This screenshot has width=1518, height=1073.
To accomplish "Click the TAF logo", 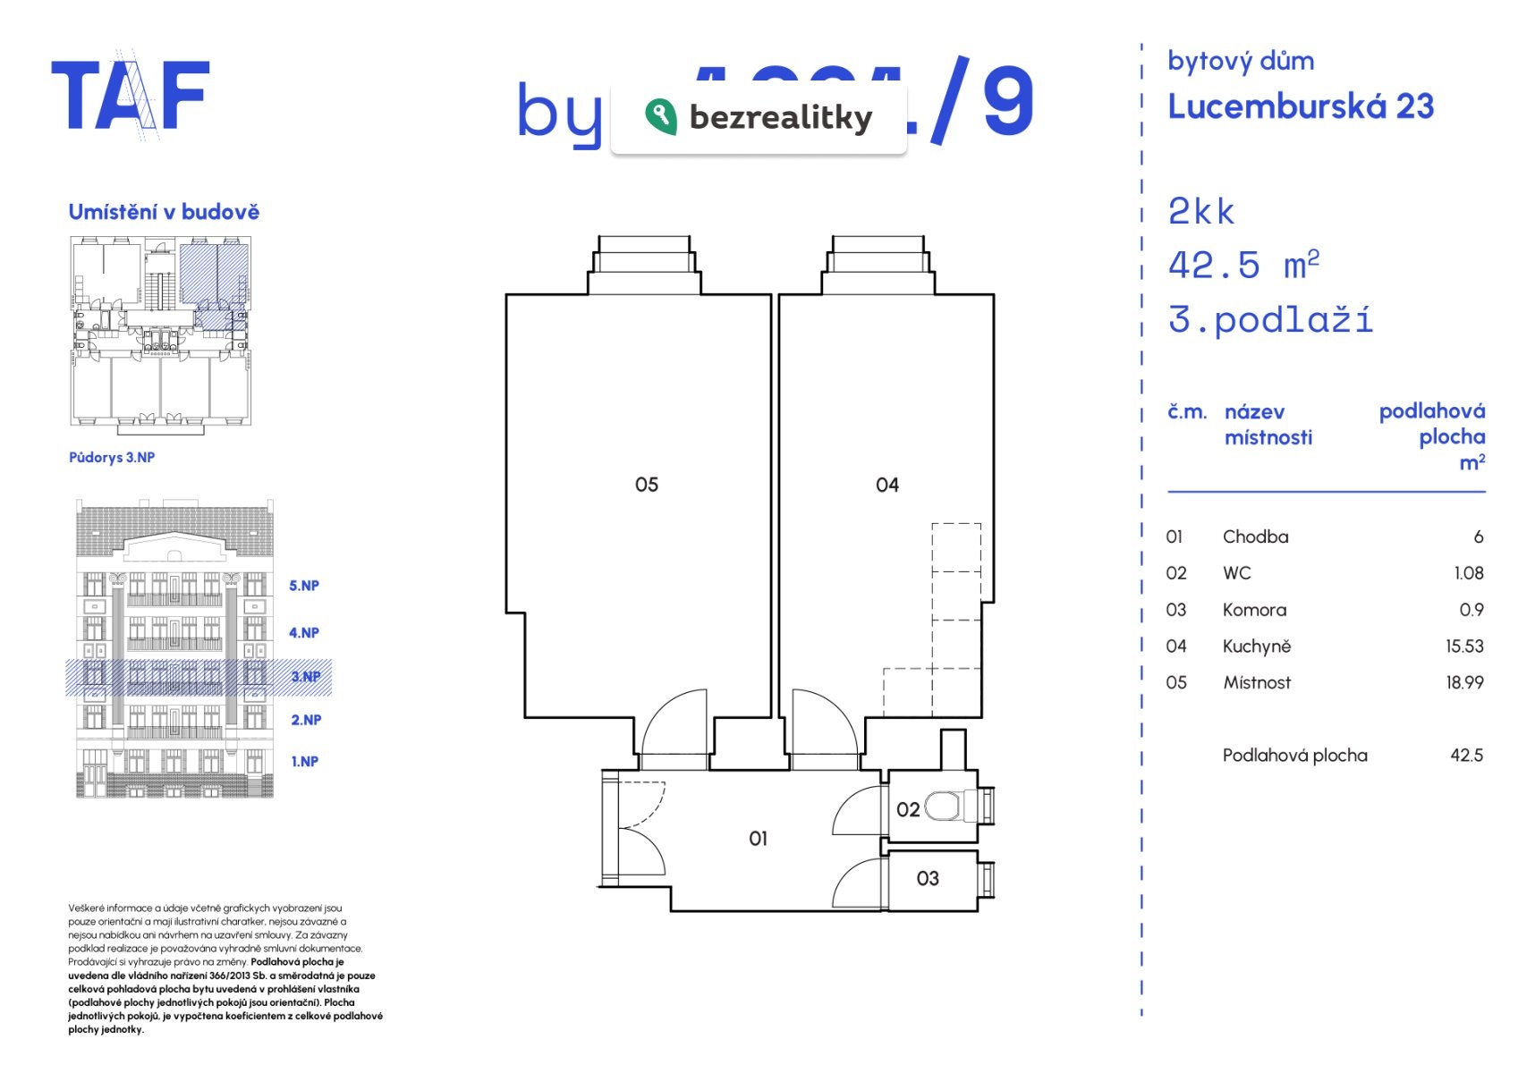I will tap(131, 96).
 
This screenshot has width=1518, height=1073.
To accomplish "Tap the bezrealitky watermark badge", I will tap(759, 118).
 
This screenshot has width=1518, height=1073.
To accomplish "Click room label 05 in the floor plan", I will tap(646, 485).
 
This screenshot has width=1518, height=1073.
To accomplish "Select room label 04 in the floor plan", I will tap(886, 485).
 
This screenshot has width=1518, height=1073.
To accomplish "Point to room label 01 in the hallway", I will tap(758, 839).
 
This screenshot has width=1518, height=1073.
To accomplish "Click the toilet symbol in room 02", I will tap(944, 806).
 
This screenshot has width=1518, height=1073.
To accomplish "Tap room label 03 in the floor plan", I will tap(928, 879).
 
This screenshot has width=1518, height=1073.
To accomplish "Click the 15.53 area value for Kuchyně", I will tap(1463, 646).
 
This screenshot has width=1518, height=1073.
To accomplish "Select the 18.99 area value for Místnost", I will tap(1463, 682).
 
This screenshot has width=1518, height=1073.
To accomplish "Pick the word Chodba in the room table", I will tap(1255, 536).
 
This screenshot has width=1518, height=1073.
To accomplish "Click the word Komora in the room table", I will tap(1254, 610).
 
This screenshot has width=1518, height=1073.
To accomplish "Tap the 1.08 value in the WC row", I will tap(1468, 573).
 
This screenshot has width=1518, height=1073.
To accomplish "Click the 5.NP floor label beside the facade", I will tap(303, 586).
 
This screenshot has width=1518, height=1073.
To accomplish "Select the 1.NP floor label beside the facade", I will tap(304, 762).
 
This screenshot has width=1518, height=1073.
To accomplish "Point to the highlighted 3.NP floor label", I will tap(305, 677).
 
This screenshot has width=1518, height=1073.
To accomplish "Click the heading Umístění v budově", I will tap(164, 212).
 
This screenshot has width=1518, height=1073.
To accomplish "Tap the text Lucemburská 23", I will tap(1300, 106).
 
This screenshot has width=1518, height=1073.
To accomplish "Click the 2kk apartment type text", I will tap(1200, 212).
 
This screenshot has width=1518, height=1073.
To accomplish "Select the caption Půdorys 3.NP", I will tap(112, 457).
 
